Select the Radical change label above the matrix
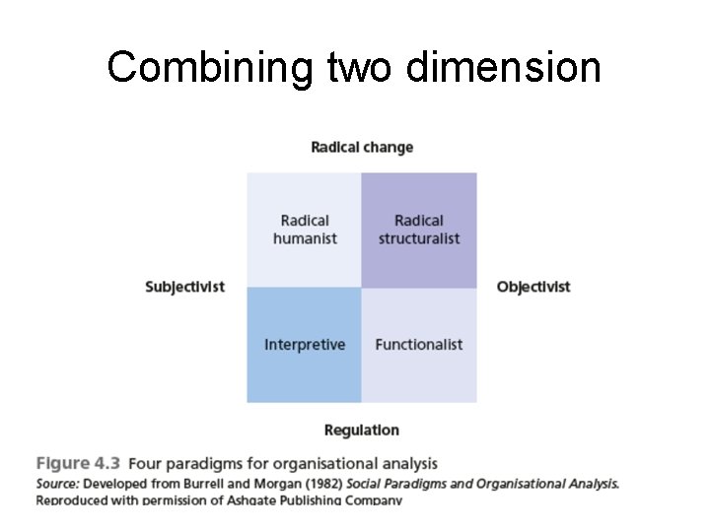point(362,148)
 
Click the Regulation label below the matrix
point(362,430)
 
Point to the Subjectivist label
point(184,288)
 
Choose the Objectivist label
point(533,288)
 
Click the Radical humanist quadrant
point(305,230)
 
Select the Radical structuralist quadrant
point(419,230)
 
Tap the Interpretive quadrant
point(305,345)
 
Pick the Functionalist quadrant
point(419,345)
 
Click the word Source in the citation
point(58,484)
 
